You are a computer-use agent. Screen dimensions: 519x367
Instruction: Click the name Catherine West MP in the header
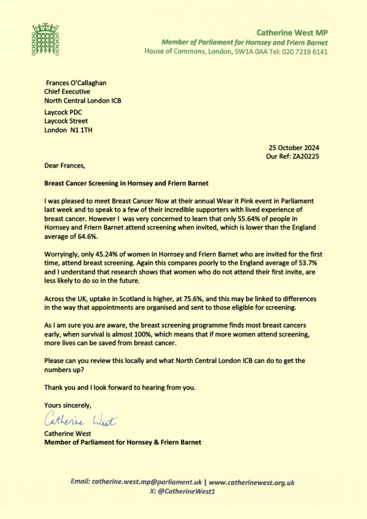pyautogui.click(x=292, y=33)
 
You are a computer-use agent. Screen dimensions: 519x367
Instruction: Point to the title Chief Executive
pyautogui.click(x=67, y=91)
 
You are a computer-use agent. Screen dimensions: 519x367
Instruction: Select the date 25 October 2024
pyautogui.click(x=294, y=148)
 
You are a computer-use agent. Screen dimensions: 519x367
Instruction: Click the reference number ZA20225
pyautogui.click(x=303, y=156)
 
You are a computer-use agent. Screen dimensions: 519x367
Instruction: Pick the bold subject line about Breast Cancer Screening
pyautogui.click(x=126, y=183)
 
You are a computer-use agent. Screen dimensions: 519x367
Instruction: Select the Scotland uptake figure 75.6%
pyautogui.click(x=178, y=299)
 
